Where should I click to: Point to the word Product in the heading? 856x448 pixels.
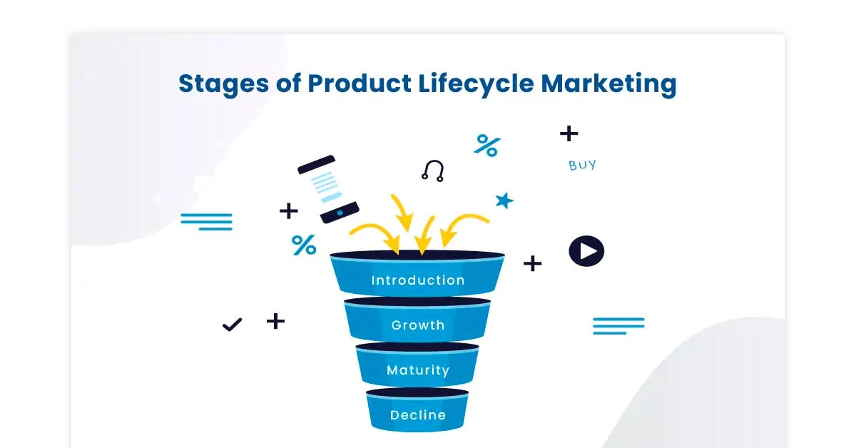[360, 84]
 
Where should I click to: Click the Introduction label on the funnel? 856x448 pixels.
[417, 280]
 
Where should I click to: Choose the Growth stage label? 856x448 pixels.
[417, 325]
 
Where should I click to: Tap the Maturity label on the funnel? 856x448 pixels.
[417, 370]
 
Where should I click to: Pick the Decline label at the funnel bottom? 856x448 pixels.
[417, 415]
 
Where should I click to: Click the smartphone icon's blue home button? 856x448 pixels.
[339, 213]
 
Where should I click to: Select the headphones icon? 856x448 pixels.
[432, 170]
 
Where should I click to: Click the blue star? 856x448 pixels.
[504, 200]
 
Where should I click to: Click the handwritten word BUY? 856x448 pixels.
[582, 166]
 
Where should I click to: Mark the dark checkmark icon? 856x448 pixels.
[232, 325]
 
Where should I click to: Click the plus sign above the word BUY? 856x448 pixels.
[569, 133]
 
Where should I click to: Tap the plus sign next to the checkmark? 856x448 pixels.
[275, 321]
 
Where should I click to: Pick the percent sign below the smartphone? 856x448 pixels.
[304, 245]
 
